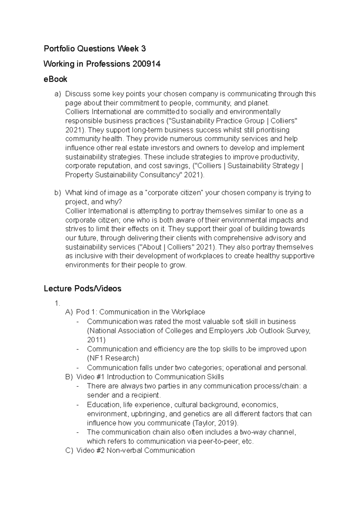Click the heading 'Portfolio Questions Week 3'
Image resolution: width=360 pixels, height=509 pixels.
tap(94, 48)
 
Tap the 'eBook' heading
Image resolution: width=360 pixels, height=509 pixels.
tap(55, 79)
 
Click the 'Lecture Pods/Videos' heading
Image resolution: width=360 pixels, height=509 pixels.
tap(82, 288)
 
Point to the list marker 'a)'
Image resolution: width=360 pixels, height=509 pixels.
tap(57, 94)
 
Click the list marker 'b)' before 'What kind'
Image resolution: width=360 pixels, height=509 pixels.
tap(57, 193)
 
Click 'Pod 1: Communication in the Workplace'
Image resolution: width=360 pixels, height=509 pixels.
tap(140, 312)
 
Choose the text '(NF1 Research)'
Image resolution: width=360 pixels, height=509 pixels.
tap(113, 358)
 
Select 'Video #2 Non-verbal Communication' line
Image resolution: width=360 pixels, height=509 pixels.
tap(135, 450)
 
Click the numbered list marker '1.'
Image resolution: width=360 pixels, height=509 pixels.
tap(58, 303)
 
